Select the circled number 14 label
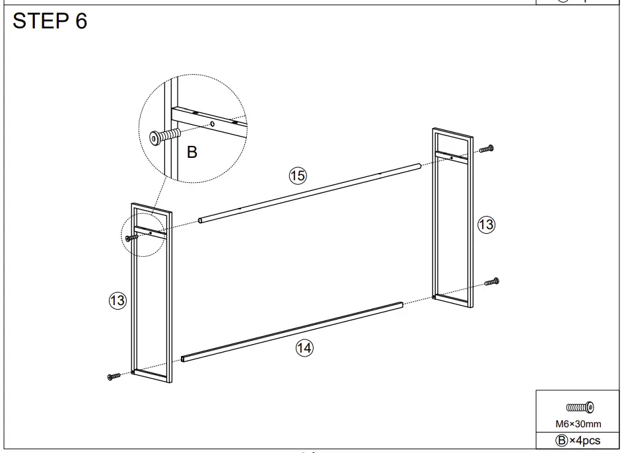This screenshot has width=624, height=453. click(304, 349)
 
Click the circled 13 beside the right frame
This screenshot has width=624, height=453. click(486, 225)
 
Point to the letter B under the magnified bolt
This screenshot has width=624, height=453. click(192, 153)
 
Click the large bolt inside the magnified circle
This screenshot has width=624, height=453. click(165, 135)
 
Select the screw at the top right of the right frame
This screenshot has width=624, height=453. click(487, 150)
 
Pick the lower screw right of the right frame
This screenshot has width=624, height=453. click(492, 282)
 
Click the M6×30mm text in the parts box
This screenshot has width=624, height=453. click(578, 423)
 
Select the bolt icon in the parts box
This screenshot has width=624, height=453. click(579, 407)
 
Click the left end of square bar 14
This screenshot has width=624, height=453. click(184, 360)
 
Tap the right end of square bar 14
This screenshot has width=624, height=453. click(399, 304)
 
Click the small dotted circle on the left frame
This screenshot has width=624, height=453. click(143, 234)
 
